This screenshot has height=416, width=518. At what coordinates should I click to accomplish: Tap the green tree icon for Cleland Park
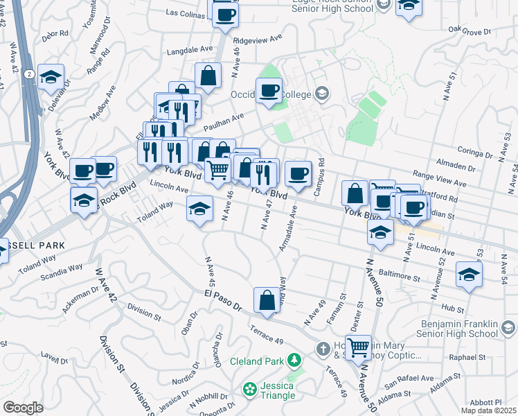294,361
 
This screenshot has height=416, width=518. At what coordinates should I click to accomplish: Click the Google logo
23,407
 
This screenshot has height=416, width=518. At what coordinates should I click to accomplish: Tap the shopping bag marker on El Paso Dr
267,300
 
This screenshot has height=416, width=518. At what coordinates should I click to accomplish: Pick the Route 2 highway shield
28,73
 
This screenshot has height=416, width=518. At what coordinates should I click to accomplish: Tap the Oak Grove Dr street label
469,31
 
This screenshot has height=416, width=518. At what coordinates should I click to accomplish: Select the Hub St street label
455,306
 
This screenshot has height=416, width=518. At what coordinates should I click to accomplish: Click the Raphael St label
470,357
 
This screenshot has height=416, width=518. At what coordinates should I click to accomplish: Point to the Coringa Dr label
475,150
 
